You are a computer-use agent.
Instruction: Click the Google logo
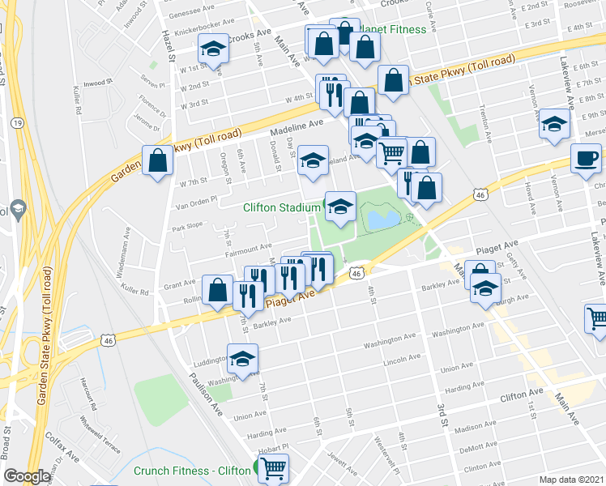(x=27, y=476)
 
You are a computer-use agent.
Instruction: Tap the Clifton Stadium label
(x=282, y=207)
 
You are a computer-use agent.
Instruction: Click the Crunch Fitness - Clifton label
(x=192, y=471)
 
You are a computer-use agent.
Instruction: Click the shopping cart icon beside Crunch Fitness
(x=274, y=467)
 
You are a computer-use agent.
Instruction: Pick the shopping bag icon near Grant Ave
(x=218, y=289)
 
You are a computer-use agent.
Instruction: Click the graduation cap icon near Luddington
(x=242, y=358)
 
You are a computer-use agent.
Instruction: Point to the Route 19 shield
(x=17, y=122)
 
